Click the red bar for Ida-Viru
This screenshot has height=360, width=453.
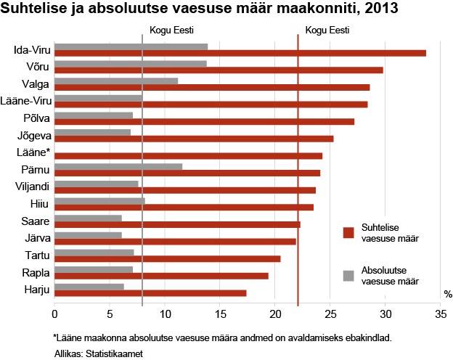click(x=240, y=53)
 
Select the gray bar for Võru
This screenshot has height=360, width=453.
click(x=131, y=64)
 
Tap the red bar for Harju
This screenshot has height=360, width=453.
click(x=150, y=292)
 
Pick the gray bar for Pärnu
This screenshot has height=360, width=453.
click(x=118, y=166)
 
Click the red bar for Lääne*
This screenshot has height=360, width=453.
click(x=188, y=155)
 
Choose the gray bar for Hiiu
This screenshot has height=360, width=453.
click(x=99, y=200)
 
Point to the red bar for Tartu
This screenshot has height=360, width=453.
click(x=167, y=258)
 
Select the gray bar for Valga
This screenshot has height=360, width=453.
click(x=116, y=81)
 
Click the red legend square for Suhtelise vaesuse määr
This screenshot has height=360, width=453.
click(x=348, y=232)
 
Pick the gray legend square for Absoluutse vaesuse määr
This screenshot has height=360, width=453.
click(x=348, y=275)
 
